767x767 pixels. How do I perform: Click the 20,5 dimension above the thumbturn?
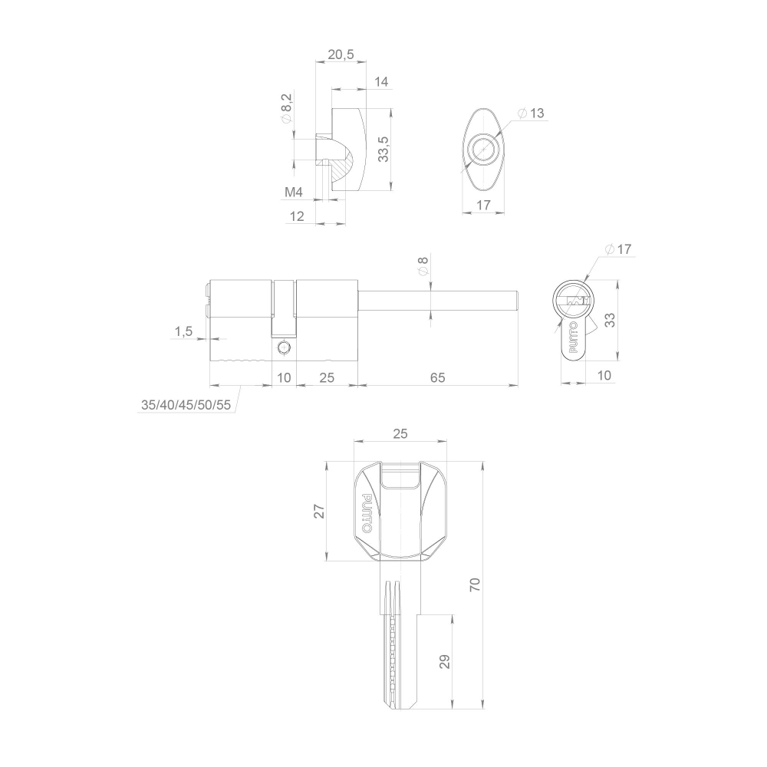coord(341,55)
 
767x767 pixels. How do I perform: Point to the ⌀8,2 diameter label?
coord(286,108)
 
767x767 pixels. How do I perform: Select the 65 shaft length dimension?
coord(437,378)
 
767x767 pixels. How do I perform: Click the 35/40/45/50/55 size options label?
coord(186,405)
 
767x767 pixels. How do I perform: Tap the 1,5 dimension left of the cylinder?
coord(183,331)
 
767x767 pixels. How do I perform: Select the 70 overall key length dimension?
coord(475,585)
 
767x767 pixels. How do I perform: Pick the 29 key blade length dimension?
coord(445,661)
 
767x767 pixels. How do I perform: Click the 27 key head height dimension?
coord(320,511)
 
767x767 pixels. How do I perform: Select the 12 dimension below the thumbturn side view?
coord(298,216)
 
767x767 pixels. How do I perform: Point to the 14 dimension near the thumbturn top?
coord(381,82)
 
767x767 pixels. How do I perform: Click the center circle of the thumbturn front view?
coord(483,149)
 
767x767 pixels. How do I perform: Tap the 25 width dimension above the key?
coord(399,433)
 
